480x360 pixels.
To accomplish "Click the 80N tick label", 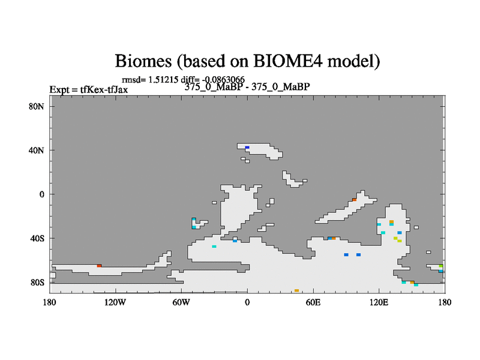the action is (x=37, y=107).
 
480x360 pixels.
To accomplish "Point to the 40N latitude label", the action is (x=37, y=151).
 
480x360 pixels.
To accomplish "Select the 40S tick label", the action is (x=37, y=238).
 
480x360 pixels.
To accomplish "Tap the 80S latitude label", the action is (x=37, y=283).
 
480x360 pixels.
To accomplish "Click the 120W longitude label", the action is (x=115, y=302).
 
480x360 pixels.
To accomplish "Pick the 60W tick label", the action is (x=181, y=302).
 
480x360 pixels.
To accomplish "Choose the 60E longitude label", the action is (x=313, y=302).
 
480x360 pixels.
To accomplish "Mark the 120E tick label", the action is (x=379, y=302).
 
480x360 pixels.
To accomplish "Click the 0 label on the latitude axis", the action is (x=42, y=194).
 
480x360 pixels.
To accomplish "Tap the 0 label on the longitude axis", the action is (x=247, y=302).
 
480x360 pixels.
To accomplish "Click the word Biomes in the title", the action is (x=143, y=61).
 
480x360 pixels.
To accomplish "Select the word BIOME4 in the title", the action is (x=288, y=61).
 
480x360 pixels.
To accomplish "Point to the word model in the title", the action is (x=353, y=61).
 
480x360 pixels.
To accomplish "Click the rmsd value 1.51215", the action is (x=163, y=80).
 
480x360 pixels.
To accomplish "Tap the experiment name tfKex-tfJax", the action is (x=104, y=89).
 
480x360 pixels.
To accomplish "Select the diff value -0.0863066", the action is (x=223, y=80).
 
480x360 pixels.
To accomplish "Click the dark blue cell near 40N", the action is (x=247, y=148).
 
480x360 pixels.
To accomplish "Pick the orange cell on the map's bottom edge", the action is (x=296, y=290).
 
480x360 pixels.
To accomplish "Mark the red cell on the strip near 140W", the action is (x=99, y=266).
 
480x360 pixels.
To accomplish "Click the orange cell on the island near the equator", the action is (x=354, y=200).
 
